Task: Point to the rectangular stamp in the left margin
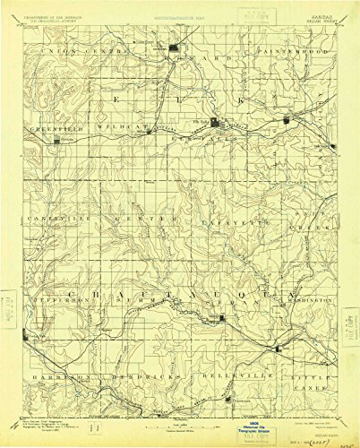coord(10,299)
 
